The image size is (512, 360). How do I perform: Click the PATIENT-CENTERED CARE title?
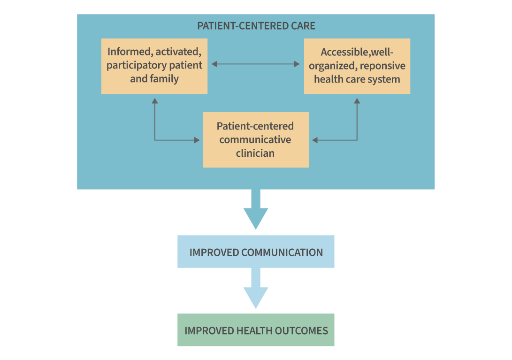coord(256,25)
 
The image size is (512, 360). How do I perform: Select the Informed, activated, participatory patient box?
coord(154,66)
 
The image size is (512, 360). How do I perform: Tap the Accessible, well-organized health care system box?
coord(357,66)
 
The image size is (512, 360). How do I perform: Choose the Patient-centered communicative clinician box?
coord(255,140)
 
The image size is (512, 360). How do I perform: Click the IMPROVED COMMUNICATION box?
coord(256,252)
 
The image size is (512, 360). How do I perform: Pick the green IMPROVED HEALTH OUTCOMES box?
coord(256,330)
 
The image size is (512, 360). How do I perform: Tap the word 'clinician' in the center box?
coord(255,153)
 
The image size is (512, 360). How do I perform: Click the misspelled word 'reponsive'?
coord(382,66)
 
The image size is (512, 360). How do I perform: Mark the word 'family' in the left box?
coord(164,79)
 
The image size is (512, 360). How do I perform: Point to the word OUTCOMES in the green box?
coord(301,330)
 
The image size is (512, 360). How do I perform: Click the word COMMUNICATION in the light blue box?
coord(282,253)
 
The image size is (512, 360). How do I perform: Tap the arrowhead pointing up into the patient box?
coord(155,100)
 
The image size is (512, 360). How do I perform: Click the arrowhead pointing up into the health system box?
coord(357,100)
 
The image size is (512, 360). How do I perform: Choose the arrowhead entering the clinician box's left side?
coord(197,140)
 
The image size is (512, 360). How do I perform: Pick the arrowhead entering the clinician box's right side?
coord(315,140)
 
